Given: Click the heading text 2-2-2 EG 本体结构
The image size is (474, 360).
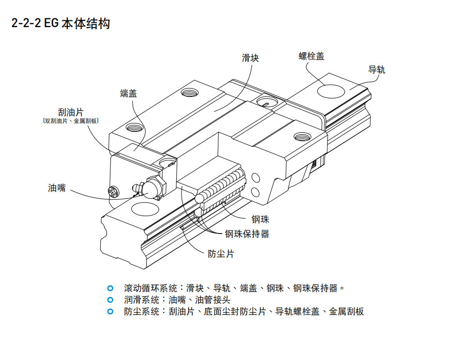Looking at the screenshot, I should click(x=61, y=23).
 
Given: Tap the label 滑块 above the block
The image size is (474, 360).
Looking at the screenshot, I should click(x=250, y=58).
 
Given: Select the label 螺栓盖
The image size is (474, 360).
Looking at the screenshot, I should click(x=311, y=56).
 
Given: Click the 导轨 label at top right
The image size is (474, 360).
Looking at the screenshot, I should click(x=377, y=69).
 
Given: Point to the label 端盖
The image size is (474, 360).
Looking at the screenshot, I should click(x=128, y=93).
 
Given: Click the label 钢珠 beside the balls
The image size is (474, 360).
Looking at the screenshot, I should click(x=260, y=219).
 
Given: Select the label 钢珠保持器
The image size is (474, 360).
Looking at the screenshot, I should click(x=247, y=234).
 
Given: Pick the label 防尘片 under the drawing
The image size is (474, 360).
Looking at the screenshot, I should click(x=221, y=253).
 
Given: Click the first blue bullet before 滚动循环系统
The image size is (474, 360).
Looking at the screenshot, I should click(x=110, y=288).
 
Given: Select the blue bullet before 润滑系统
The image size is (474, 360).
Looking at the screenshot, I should click(x=110, y=300).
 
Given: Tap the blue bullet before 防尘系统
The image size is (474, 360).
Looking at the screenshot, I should click(x=110, y=312).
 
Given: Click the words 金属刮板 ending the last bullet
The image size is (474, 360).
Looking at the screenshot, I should click(x=346, y=312).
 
